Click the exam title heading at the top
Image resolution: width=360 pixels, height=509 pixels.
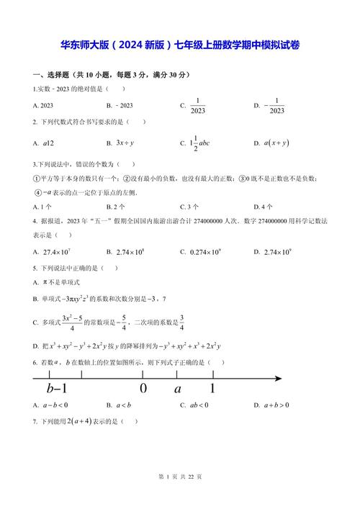(180, 45)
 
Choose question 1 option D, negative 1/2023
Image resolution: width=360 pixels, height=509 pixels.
(269, 106)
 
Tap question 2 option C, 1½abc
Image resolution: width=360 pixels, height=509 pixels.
(198, 143)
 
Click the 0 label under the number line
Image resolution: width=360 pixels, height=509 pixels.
(143, 389)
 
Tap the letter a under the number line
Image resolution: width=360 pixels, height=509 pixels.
(177, 389)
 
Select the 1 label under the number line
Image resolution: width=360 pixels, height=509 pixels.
(212, 389)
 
